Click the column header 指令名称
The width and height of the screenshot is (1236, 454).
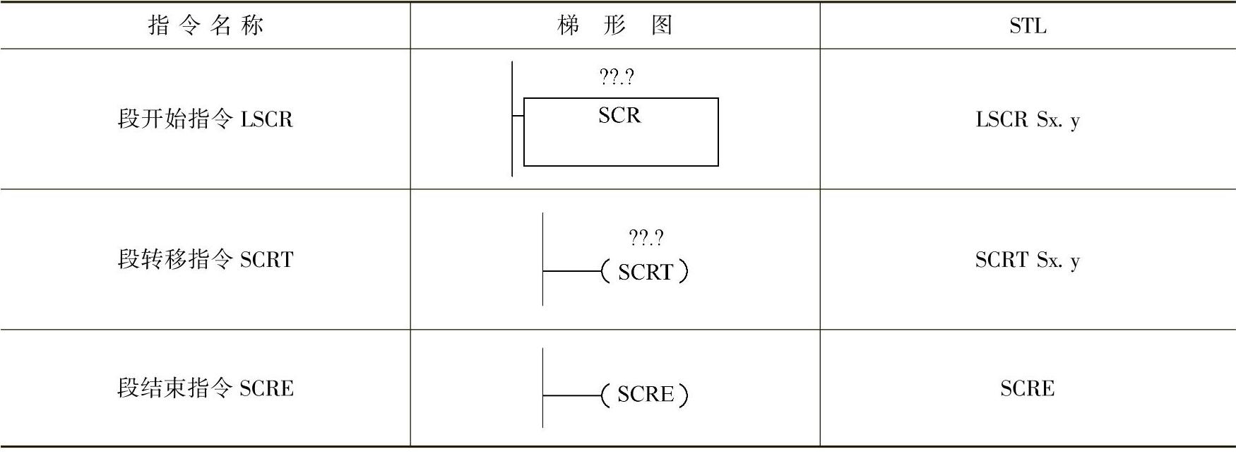[206, 26]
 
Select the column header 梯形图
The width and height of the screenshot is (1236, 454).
[614, 26]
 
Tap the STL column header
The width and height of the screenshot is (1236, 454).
[1028, 26]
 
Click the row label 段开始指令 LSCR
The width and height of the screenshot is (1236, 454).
[205, 119]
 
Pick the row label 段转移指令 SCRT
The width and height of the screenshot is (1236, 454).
[205, 259]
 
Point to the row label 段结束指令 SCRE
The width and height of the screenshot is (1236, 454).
[205, 388]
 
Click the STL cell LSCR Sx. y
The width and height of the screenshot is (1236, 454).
[1028, 119]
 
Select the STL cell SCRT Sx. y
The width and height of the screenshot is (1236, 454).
[1028, 260]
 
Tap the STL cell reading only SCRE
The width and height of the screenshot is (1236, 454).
[1028, 388]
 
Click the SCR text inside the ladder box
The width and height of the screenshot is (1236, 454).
[619, 115]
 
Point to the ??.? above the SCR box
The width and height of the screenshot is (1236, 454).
[617, 76]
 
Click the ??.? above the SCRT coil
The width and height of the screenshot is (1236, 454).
[646, 237]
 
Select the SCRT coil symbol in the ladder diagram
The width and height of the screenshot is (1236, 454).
[645, 272]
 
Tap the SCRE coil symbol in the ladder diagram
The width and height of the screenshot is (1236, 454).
[645, 394]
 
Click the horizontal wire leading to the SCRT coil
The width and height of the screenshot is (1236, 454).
[571, 271]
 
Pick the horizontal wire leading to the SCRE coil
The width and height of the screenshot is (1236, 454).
[571, 395]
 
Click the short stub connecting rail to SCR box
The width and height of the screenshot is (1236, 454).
[518, 116]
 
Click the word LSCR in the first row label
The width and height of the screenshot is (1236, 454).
[266, 119]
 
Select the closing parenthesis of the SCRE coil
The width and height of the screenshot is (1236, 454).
[683, 395]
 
